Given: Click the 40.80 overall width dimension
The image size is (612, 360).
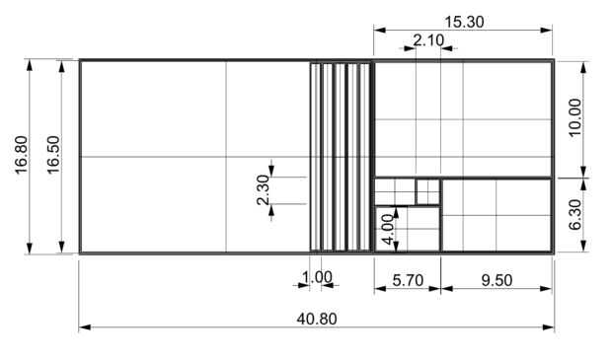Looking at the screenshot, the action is click(x=317, y=319).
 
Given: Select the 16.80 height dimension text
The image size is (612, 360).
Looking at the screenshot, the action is click(x=21, y=155).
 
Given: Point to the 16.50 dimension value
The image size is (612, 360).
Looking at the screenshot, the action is click(x=53, y=155).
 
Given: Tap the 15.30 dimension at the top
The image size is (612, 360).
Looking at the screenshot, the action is click(x=464, y=23).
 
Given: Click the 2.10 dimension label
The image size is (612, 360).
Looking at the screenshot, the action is click(x=428, y=40).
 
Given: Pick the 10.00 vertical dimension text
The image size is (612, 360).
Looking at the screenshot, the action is click(x=575, y=117).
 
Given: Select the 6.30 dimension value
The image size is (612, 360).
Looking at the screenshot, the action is click(x=575, y=215).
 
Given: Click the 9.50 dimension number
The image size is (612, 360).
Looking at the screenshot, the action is click(x=497, y=280).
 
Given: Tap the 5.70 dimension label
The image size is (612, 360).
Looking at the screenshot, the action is click(x=408, y=280).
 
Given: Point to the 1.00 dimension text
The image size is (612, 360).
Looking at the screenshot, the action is click(x=317, y=277).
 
